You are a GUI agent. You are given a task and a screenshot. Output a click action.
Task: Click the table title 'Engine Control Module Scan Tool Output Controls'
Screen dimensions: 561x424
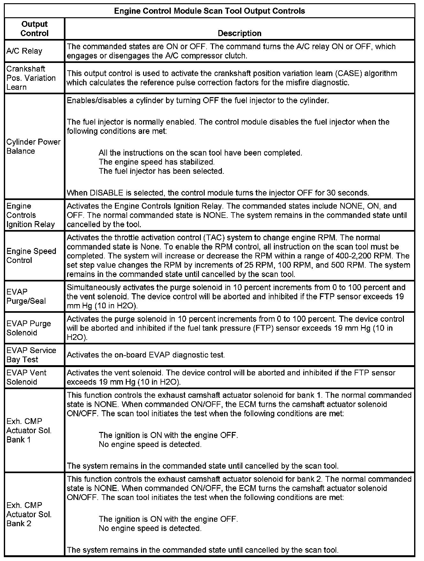209,11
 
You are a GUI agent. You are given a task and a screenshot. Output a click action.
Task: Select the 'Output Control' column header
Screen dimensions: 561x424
34,28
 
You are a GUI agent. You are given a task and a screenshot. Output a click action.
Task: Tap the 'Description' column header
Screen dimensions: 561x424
239,33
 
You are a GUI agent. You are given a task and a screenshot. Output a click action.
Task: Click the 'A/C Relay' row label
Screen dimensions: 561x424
24,51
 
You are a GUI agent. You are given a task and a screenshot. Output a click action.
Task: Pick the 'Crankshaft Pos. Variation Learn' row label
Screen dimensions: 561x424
31,78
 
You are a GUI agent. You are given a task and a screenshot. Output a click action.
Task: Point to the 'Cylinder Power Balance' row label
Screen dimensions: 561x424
33,146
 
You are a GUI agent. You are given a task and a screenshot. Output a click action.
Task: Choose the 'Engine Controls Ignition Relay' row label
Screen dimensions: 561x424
31,215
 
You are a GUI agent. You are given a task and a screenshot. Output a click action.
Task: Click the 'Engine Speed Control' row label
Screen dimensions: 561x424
31,256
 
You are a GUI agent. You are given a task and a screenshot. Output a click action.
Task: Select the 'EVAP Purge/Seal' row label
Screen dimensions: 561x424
26,296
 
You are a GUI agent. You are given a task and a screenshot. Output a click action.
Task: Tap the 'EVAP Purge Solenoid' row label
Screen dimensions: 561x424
29,328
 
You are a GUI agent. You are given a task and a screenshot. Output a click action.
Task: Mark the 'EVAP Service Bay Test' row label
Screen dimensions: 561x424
31,355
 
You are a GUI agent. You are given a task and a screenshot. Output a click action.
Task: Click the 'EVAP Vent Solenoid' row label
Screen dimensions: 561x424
26,377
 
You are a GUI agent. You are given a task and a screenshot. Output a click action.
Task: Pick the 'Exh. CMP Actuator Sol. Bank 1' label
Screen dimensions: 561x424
29,430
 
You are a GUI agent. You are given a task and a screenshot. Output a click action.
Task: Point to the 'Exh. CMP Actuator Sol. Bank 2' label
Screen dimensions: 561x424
29,514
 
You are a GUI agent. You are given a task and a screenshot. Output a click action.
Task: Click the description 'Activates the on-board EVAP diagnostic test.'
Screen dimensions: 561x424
146,355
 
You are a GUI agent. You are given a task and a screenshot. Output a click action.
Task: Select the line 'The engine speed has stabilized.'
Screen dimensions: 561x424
157,162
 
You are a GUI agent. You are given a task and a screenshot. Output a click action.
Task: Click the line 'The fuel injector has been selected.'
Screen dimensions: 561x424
162,171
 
